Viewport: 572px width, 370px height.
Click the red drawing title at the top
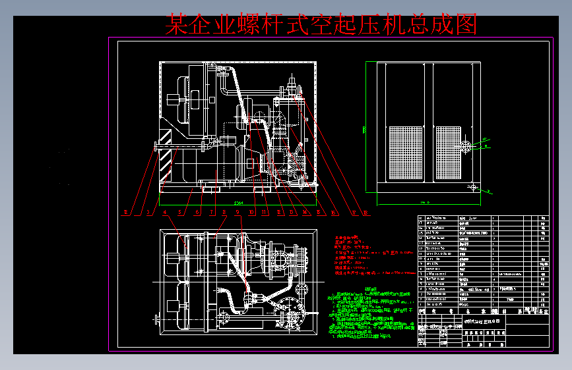(x=321, y=25)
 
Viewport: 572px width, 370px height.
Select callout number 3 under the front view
(x=148, y=213)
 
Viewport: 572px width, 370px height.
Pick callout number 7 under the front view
(x=212, y=213)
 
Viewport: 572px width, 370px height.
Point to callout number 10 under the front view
(x=251, y=213)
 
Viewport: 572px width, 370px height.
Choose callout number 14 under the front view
(x=306, y=213)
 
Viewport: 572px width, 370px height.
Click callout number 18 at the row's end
(x=366, y=213)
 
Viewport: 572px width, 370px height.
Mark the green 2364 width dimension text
(x=239, y=203)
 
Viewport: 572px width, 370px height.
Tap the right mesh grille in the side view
(x=449, y=153)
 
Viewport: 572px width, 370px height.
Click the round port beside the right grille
(x=466, y=146)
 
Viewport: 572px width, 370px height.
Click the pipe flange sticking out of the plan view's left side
(x=157, y=320)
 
